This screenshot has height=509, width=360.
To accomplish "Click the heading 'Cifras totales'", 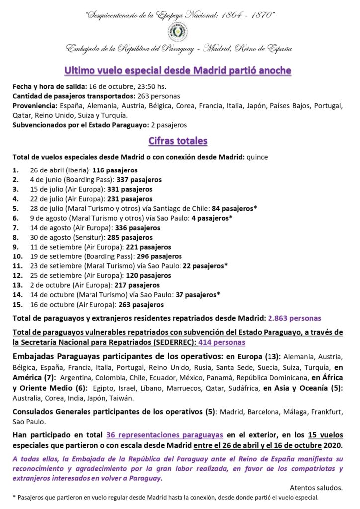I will coord(178,141).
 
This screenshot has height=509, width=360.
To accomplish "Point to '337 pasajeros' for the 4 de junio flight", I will coord(139,180).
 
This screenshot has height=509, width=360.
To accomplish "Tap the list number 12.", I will coord(16,275).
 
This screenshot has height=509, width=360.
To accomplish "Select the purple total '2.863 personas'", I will coord(294,318).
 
